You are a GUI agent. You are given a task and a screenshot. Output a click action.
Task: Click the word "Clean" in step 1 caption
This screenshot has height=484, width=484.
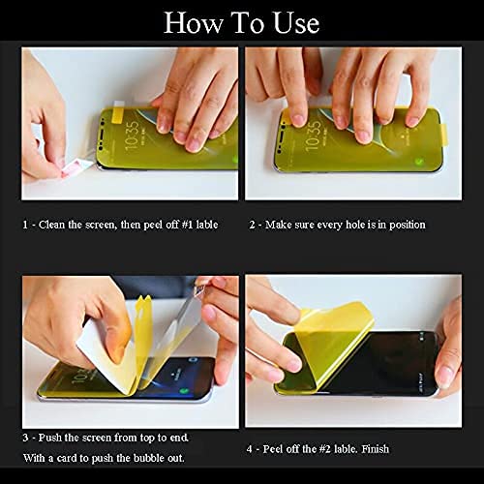point(57,225)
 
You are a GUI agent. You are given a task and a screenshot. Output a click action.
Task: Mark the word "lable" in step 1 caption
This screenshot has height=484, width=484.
point(203,225)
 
